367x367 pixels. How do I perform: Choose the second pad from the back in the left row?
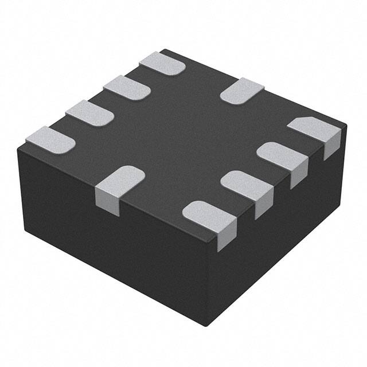click(x=127, y=87)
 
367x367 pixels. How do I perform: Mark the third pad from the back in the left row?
click(x=89, y=112)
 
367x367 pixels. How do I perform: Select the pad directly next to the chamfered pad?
click(x=281, y=155)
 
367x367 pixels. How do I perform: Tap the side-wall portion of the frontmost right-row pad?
click(x=227, y=235)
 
